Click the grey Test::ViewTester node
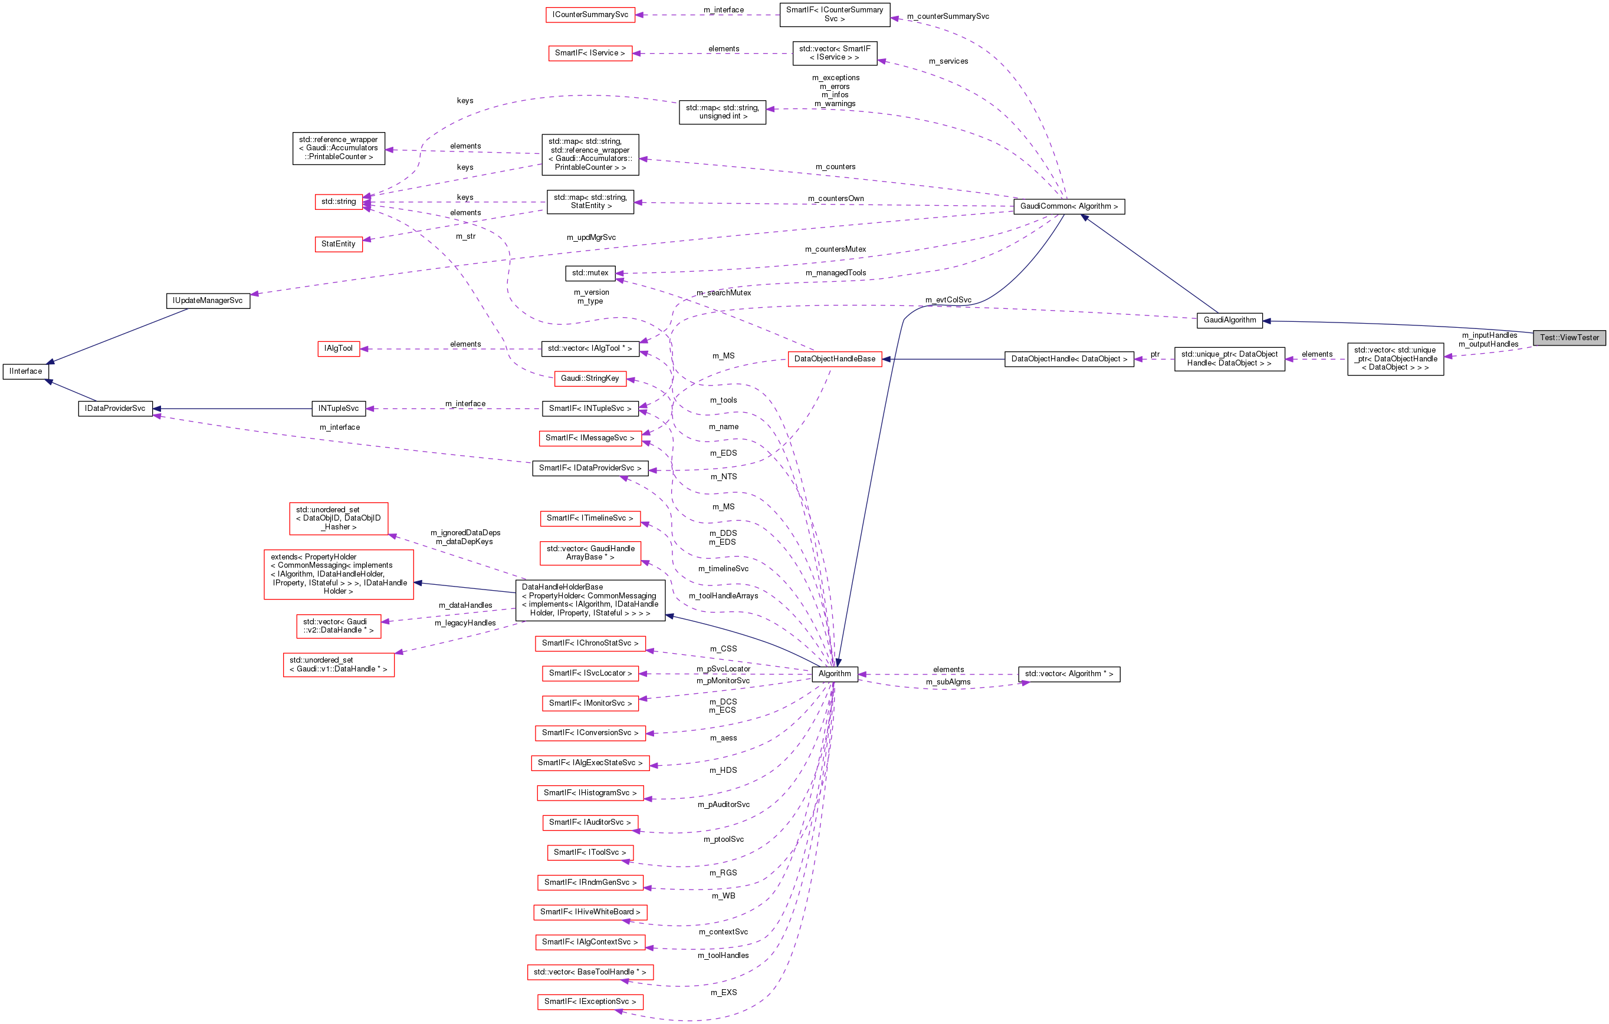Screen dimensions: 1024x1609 [x=1569, y=338]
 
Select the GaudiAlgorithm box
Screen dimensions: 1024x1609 [x=1230, y=321]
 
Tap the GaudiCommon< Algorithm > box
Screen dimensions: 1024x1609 [x=1068, y=206]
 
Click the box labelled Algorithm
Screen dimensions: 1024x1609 [x=835, y=674]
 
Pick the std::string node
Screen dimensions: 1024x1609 [x=338, y=202]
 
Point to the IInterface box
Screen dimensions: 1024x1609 [x=25, y=371]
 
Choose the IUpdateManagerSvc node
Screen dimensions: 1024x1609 [x=208, y=301]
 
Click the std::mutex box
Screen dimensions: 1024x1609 [x=590, y=273]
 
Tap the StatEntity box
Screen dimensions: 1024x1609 [x=338, y=245]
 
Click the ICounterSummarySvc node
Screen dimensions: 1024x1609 [x=590, y=15]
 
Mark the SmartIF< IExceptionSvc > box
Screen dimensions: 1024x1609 [x=590, y=1001]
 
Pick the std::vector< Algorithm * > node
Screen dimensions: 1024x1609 [x=1068, y=674]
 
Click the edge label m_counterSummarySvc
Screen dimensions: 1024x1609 [x=947, y=17]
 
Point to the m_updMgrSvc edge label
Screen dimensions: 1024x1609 [x=590, y=238]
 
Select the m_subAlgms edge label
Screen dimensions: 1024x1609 [x=947, y=682]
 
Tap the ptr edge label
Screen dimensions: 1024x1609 [x=1155, y=355]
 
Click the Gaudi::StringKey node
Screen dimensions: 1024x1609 [x=590, y=378]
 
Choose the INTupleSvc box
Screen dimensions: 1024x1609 [x=338, y=409]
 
